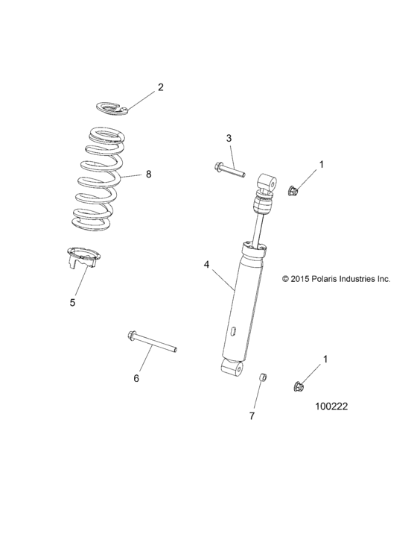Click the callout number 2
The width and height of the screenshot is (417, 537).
159,87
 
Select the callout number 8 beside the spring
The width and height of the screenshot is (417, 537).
148,174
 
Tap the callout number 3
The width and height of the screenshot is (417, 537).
208,138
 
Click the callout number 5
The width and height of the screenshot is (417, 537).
72,302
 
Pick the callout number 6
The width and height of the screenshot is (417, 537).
136,378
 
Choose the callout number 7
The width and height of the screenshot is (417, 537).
252,415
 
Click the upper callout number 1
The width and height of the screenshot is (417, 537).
322,163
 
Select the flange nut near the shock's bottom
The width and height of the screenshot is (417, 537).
298,386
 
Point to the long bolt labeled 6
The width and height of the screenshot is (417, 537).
153,340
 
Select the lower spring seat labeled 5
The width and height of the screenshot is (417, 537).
82,259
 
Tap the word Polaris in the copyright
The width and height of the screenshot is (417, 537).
322,279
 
